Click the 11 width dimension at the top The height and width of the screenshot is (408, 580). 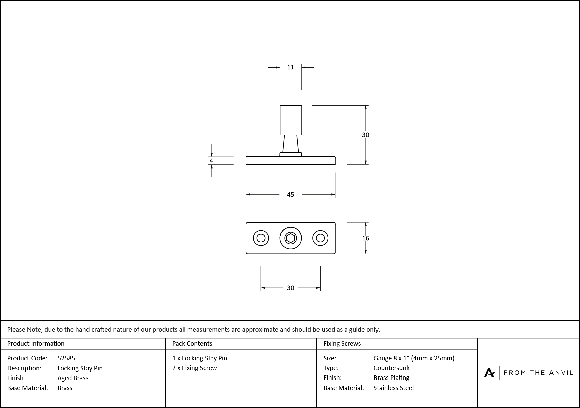click(290, 67)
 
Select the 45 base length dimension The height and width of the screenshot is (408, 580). click(290, 194)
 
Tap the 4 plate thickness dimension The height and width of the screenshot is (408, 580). click(211, 161)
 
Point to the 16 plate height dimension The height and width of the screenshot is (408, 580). click(365, 238)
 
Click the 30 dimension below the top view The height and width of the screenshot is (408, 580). click(290, 288)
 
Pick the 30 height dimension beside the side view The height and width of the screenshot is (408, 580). click(365, 135)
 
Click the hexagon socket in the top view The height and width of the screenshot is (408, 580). click(290, 238)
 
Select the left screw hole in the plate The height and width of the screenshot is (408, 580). click(261, 238)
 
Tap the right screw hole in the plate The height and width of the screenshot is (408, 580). click(320, 238)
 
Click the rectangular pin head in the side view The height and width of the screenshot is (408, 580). click(291, 120)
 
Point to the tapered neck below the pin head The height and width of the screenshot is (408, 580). click(290, 144)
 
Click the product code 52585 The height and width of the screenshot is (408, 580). click(66, 358)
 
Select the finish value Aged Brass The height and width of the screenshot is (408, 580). click(73, 378)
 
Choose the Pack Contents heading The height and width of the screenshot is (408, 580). click(192, 343)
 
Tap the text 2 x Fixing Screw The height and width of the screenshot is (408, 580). click(194, 368)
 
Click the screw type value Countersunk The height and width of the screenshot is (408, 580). click(391, 368)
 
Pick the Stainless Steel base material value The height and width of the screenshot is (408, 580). click(394, 388)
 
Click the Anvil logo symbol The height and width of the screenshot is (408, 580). click(489, 373)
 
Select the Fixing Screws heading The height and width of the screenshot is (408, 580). click(342, 343)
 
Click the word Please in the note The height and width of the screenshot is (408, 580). click(16, 329)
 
